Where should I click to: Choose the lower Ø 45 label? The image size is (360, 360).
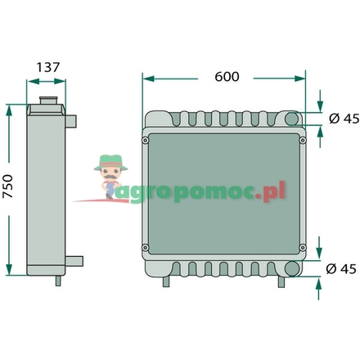[x=343, y=268]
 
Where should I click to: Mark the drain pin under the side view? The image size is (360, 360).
[x=59, y=281]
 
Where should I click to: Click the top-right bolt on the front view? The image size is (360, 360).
[x=302, y=140]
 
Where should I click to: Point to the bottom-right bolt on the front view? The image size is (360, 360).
[x=302, y=248]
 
